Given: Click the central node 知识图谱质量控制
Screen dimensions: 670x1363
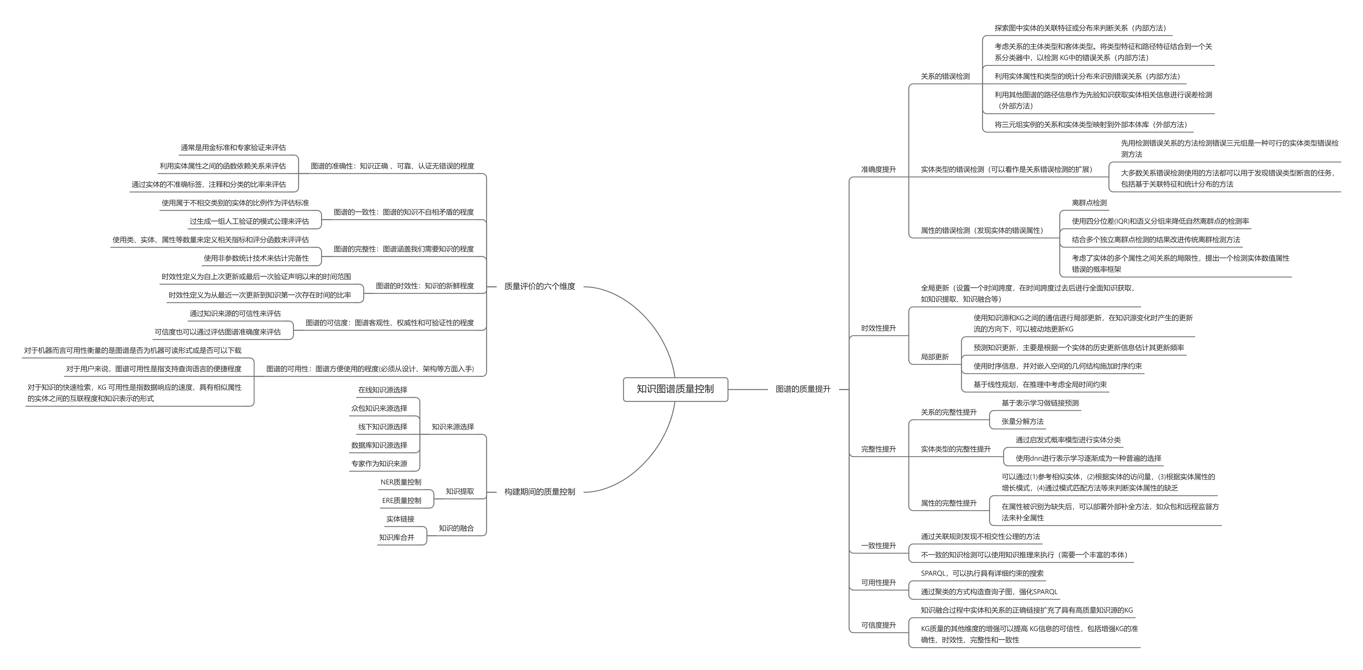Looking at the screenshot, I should click(x=675, y=389).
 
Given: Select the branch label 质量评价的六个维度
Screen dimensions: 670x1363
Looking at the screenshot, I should click(x=539, y=286).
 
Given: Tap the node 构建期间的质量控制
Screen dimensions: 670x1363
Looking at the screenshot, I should click(x=539, y=492).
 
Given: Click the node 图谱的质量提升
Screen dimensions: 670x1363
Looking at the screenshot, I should click(x=803, y=389).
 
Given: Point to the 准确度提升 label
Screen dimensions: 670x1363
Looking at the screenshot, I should click(x=878, y=169).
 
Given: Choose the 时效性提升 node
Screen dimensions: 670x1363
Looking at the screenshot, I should click(x=878, y=328).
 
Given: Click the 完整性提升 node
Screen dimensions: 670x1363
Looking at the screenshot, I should click(x=878, y=449).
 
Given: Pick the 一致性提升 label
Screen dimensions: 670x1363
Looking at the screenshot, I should click(x=878, y=546).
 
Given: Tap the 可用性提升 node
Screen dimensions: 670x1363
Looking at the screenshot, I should click(x=878, y=583).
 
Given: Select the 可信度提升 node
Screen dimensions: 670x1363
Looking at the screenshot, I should click(x=878, y=625).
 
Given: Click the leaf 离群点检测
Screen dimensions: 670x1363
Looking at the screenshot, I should click(x=1089, y=203).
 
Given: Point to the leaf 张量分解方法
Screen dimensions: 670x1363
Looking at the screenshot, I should click(x=1022, y=421).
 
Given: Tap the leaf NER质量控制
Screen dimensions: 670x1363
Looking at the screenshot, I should click(x=400, y=482).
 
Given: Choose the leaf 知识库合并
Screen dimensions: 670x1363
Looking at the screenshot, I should click(x=396, y=537).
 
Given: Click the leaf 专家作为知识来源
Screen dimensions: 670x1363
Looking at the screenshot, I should click(x=379, y=464).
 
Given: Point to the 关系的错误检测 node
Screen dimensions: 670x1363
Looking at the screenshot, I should click(x=945, y=76).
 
